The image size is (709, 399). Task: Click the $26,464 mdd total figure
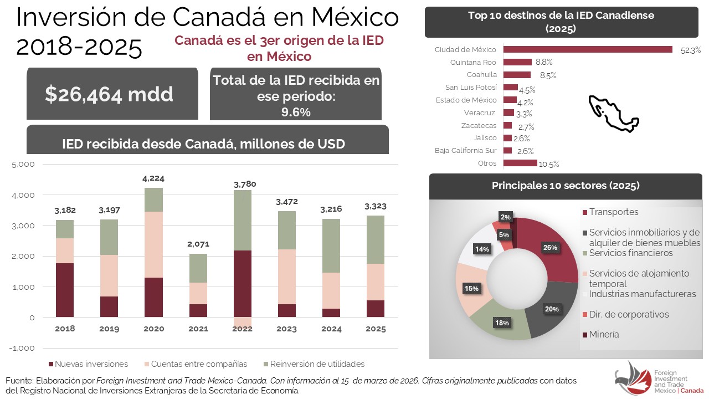(109, 94)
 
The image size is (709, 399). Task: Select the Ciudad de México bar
(587, 49)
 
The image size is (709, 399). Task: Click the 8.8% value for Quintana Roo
(544, 62)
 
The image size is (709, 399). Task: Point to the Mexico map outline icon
(613, 113)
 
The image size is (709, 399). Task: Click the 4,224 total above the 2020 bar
(153, 178)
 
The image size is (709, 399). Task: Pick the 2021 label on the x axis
(198, 329)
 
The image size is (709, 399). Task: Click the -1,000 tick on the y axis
(23, 348)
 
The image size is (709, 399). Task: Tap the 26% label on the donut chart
(550, 248)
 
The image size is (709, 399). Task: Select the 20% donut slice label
(552, 309)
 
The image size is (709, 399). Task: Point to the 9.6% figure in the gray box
(295, 112)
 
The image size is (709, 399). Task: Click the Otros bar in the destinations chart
(520, 163)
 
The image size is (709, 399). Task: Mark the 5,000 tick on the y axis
(23, 165)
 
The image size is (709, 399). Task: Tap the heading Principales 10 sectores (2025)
(565, 186)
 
